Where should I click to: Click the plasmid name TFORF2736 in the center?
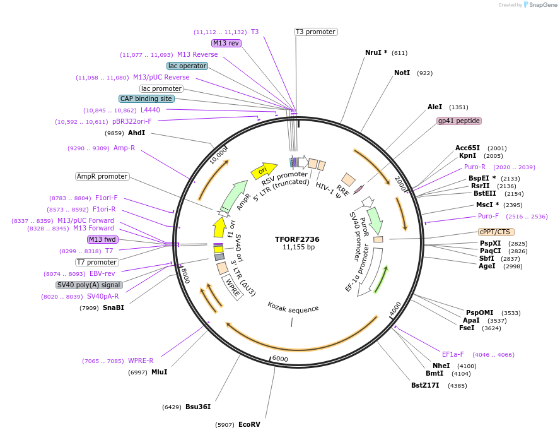click(297, 239)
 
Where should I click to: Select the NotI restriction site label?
click(402, 73)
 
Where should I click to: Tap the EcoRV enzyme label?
click(249, 424)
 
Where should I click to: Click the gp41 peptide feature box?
click(458, 121)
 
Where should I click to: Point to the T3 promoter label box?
click(315, 32)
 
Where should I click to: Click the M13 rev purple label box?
click(226, 43)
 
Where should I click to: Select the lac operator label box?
click(187, 66)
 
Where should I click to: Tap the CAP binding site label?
click(146, 98)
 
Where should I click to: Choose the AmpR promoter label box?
click(102, 177)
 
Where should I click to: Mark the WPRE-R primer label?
click(141, 361)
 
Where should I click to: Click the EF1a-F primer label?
click(453, 354)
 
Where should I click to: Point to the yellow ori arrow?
click(264, 170)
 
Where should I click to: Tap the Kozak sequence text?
click(293, 309)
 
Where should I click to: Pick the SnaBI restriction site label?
click(114, 308)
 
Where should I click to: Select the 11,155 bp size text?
click(298, 247)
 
